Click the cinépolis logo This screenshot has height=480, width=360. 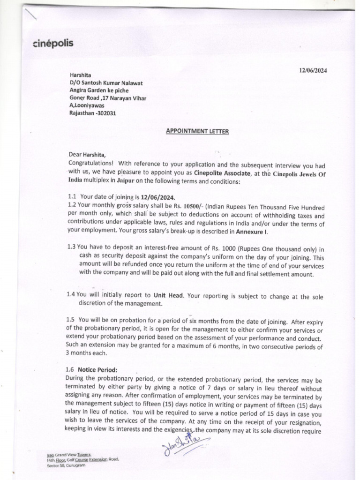53,45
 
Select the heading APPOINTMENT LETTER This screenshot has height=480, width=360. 197,132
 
